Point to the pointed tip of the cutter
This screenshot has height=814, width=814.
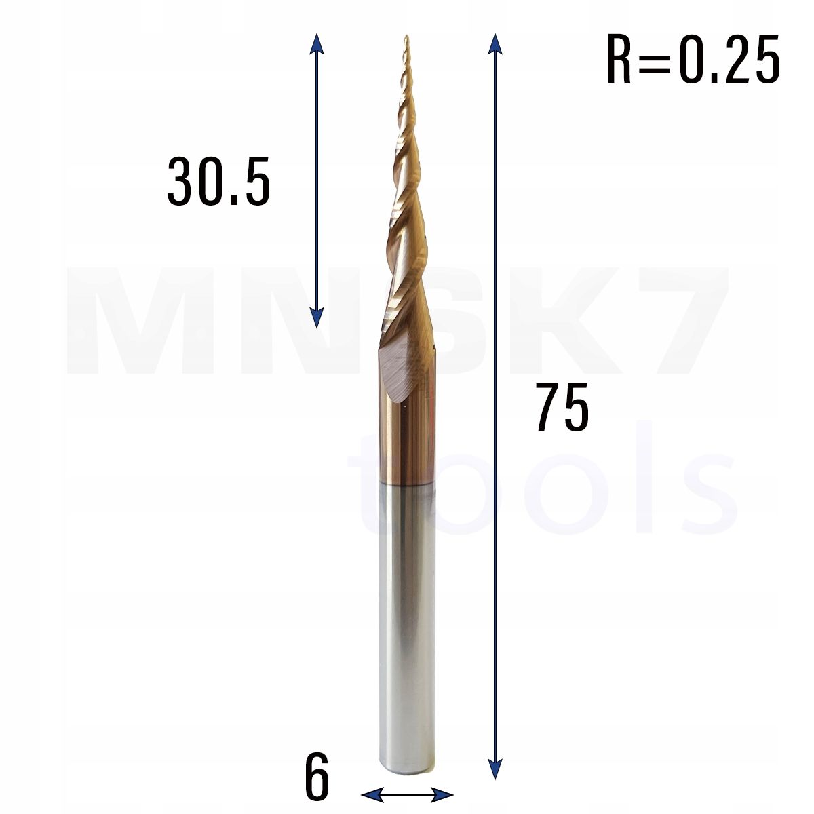click(406, 37)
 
